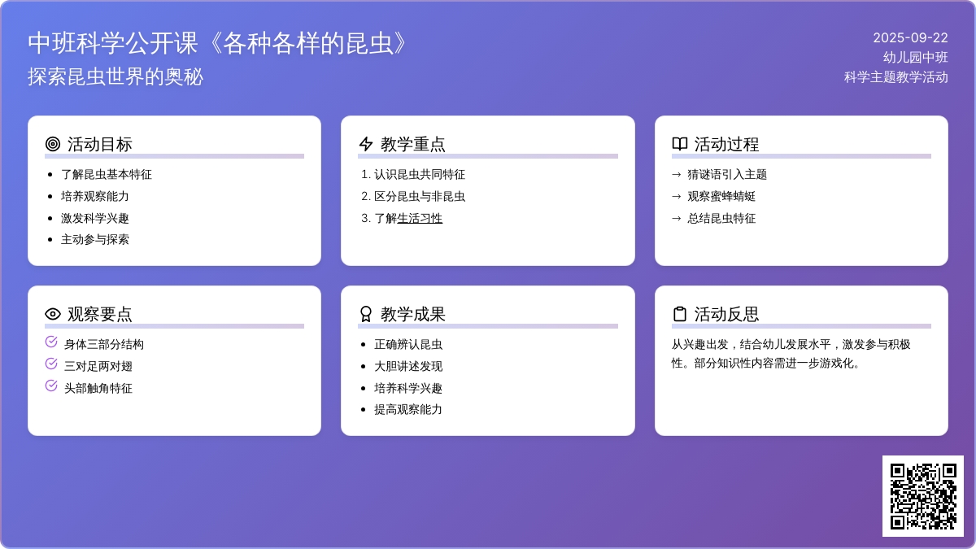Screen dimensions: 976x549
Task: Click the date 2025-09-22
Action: click(910, 38)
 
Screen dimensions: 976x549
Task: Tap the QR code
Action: click(923, 496)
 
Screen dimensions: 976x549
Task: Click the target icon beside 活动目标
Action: click(53, 144)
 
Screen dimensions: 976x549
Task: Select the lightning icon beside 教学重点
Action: click(366, 144)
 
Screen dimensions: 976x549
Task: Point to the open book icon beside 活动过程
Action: click(680, 144)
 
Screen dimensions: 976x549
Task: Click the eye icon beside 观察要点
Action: click(53, 314)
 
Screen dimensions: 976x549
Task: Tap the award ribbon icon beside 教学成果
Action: click(366, 314)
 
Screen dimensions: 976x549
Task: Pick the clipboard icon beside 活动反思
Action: click(680, 314)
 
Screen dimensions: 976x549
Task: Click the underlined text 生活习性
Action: click(420, 218)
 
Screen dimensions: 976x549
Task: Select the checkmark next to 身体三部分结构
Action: click(51, 342)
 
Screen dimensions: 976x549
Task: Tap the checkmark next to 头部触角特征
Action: click(51, 386)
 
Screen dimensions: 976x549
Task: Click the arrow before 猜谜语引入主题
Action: click(676, 175)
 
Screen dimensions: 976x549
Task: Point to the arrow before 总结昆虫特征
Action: click(676, 218)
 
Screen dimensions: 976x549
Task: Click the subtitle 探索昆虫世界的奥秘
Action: click(115, 76)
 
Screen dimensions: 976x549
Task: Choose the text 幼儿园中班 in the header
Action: click(916, 58)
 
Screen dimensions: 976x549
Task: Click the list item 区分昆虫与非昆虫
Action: click(420, 196)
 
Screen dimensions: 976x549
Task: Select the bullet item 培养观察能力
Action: click(95, 196)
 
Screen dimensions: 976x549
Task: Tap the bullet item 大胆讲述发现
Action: click(408, 366)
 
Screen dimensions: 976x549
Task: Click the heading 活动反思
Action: click(726, 314)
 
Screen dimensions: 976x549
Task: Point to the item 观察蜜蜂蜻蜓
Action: click(721, 196)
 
